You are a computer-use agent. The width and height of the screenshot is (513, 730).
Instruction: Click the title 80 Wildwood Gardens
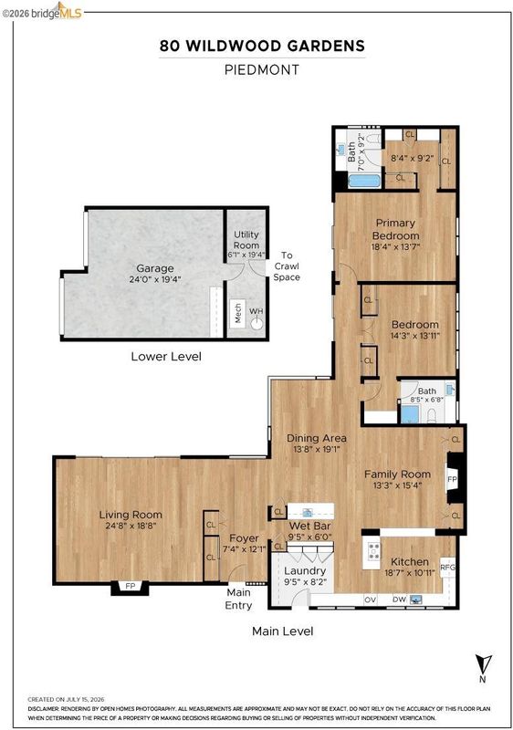tap(262, 46)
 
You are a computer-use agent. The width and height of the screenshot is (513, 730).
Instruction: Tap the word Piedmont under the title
tap(262, 70)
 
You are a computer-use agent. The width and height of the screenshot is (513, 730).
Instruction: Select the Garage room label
tap(155, 268)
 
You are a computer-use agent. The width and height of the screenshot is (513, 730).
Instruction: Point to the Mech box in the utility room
tap(238, 313)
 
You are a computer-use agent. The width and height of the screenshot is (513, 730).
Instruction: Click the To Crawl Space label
tap(287, 266)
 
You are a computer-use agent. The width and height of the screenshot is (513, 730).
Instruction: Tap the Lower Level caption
tap(166, 357)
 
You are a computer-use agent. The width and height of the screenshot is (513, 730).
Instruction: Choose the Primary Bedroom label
tap(395, 229)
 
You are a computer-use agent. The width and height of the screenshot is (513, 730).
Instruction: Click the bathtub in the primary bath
tap(364, 181)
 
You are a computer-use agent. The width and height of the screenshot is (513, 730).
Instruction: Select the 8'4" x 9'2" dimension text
tap(412, 158)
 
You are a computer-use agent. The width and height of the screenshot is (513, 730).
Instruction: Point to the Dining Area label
tap(317, 438)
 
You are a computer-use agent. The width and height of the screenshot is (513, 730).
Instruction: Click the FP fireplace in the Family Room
tap(452, 478)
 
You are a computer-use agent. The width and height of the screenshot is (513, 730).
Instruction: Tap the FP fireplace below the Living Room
tap(130, 587)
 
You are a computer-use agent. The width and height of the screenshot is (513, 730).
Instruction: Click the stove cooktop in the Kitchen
tap(374, 551)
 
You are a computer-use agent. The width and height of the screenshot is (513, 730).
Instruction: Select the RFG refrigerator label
tap(447, 568)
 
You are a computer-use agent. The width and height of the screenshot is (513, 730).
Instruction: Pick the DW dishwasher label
tap(400, 600)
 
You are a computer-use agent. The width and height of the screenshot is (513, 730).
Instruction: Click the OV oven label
tap(370, 600)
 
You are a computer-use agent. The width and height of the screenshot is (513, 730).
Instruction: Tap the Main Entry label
tap(238, 599)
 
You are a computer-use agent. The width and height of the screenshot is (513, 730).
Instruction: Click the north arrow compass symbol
tap(483, 663)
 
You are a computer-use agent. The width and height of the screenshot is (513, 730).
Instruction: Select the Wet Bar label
tap(309, 527)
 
